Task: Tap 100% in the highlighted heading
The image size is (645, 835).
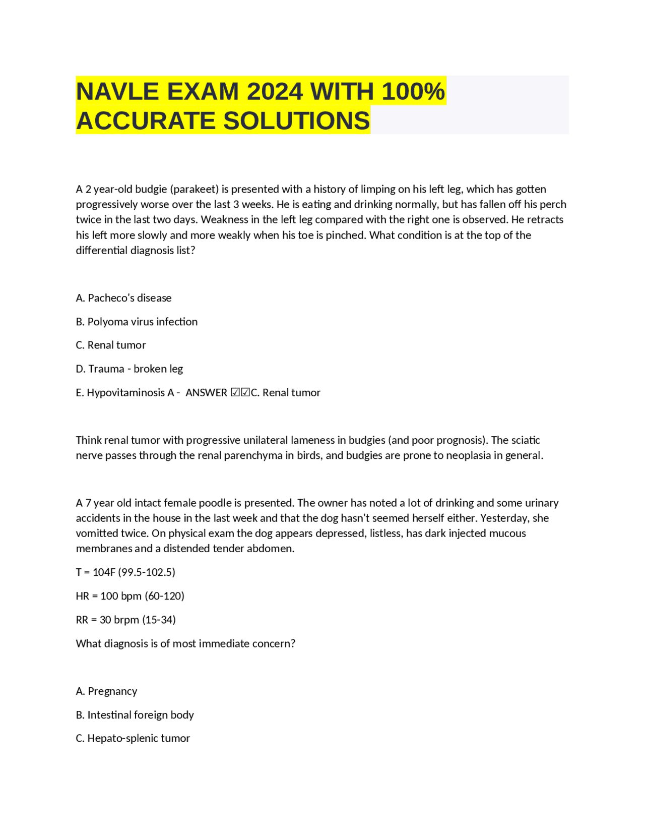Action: click(413, 92)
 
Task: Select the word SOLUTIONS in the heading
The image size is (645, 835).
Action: click(296, 121)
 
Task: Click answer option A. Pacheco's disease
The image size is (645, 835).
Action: click(123, 298)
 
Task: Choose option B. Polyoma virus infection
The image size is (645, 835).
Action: click(137, 322)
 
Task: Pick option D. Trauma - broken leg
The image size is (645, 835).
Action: click(129, 369)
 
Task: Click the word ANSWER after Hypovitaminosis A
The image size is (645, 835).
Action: click(206, 392)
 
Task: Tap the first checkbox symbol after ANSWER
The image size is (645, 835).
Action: click(235, 392)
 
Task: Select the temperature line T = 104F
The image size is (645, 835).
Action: click(125, 572)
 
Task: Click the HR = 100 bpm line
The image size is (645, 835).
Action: click(130, 596)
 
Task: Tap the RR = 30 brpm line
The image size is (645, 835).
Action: click(125, 620)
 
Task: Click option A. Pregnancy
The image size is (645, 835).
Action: click(106, 691)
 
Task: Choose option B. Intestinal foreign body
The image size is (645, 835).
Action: click(135, 715)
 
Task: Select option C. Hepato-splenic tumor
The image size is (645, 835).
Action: click(133, 738)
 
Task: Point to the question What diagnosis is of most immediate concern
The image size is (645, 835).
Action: click(185, 643)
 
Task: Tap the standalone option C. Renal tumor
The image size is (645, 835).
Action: click(111, 345)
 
